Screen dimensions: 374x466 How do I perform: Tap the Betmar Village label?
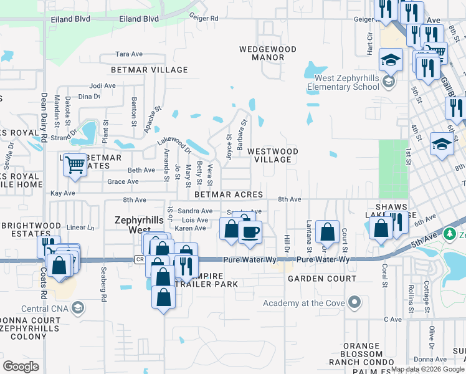click(x=150, y=70)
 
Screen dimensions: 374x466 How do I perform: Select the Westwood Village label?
click(x=273, y=155)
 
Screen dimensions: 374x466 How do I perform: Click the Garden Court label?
click(x=321, y=278)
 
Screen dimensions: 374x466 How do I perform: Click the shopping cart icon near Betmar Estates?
click(x=75, y=165)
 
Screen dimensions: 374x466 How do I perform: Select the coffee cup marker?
click(x=250, y=232)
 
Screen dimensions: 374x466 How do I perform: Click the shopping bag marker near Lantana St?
click(x=327, y=232)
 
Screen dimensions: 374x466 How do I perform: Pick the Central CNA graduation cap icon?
click(x=78, y=307)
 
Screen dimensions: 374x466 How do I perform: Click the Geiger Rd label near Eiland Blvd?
click(x=204, y=19)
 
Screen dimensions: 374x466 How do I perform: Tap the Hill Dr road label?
click(x=287, y=243)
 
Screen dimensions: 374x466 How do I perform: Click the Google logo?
click(x=21, y=367)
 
